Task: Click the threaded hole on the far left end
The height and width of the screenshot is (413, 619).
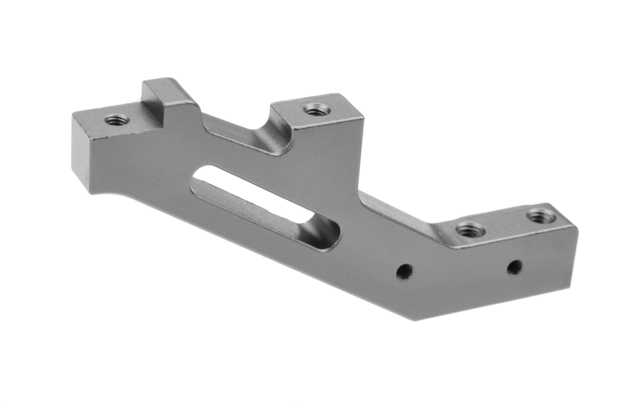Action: (117, 119)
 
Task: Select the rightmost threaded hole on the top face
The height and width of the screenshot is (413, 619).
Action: (541, 216)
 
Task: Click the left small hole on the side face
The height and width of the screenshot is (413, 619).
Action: (404, 272)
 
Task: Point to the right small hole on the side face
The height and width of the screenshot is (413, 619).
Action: (515, 267)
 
